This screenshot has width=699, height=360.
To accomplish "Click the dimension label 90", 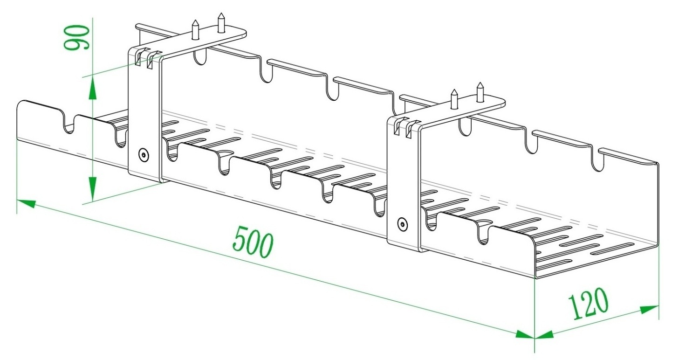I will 76,38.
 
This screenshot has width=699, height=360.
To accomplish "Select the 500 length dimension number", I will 253,241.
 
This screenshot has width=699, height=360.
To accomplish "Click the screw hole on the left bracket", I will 144,155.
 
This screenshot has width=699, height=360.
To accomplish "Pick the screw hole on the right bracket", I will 402,224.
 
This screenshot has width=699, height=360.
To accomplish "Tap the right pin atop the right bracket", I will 480,91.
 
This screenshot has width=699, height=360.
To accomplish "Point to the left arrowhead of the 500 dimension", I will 27,203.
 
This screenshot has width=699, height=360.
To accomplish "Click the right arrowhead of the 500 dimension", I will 525,333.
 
